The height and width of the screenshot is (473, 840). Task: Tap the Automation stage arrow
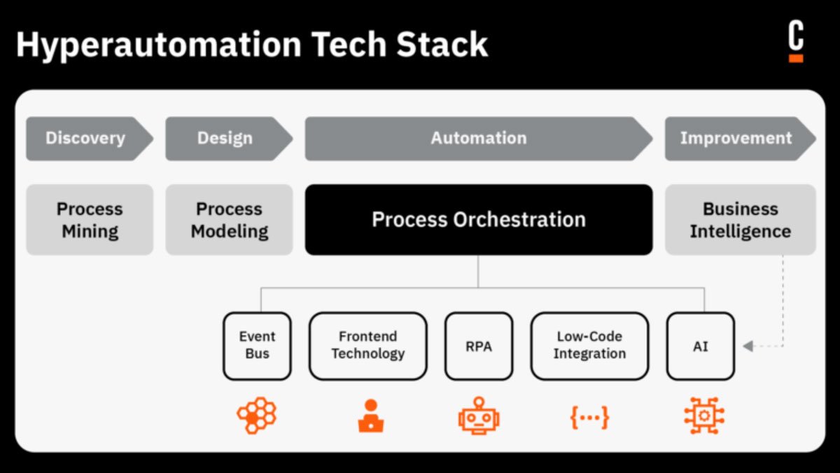point(478,138)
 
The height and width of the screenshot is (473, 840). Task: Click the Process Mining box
point(90,219)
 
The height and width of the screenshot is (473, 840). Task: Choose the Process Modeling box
point(230,219)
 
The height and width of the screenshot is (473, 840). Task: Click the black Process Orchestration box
point(478,219)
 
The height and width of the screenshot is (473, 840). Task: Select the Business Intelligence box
point(740,219)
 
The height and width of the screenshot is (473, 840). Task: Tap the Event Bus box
point(257,346)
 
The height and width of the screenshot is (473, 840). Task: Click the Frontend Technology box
point(367,346)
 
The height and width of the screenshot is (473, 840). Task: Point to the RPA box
point(478,346)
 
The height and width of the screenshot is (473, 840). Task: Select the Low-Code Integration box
point(589,346)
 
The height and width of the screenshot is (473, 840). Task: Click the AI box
point(700,346)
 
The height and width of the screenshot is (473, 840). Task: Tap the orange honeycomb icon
point(257,416)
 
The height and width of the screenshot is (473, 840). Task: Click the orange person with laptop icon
point(370,416)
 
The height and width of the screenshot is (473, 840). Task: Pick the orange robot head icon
point(479,416)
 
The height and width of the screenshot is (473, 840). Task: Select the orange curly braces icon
point(589,417)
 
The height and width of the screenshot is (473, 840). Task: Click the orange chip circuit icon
point(703,416)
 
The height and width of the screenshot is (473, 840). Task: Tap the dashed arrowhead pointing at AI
point(748,346)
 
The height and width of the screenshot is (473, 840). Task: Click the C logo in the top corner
point(796,41)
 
